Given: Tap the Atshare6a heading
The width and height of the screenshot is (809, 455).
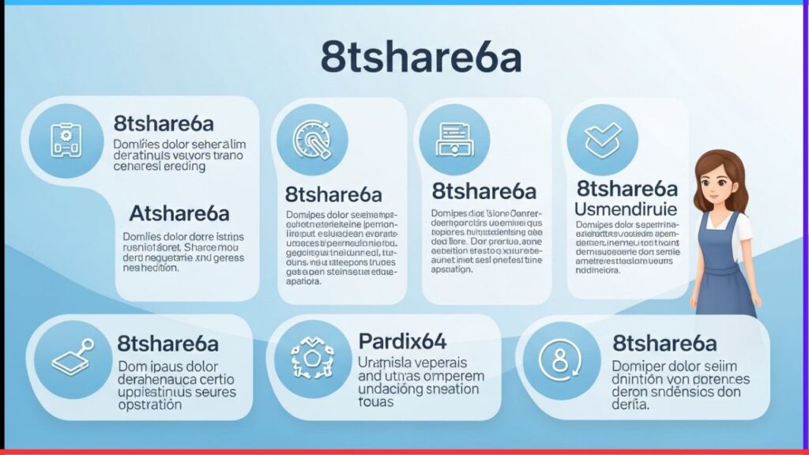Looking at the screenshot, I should (x=179, y=213).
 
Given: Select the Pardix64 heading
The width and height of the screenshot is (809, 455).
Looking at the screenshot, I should (x=402, y=341).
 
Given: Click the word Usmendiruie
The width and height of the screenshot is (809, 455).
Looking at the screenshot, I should (x=626, y=210).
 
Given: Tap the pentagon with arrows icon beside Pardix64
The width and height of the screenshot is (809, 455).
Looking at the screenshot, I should (x=311, y=359).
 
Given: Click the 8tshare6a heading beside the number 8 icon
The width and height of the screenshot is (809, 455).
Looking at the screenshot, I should (x=664, y=344).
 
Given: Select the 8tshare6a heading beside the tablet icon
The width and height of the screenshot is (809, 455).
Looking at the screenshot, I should (x=167, y=344).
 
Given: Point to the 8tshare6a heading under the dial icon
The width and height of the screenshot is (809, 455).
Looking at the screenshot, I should (x=333, y=194).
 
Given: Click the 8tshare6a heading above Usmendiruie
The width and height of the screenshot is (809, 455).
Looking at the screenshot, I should (x=627, y=189).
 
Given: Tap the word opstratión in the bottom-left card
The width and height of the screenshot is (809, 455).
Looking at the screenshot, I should (x=150, y=404).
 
